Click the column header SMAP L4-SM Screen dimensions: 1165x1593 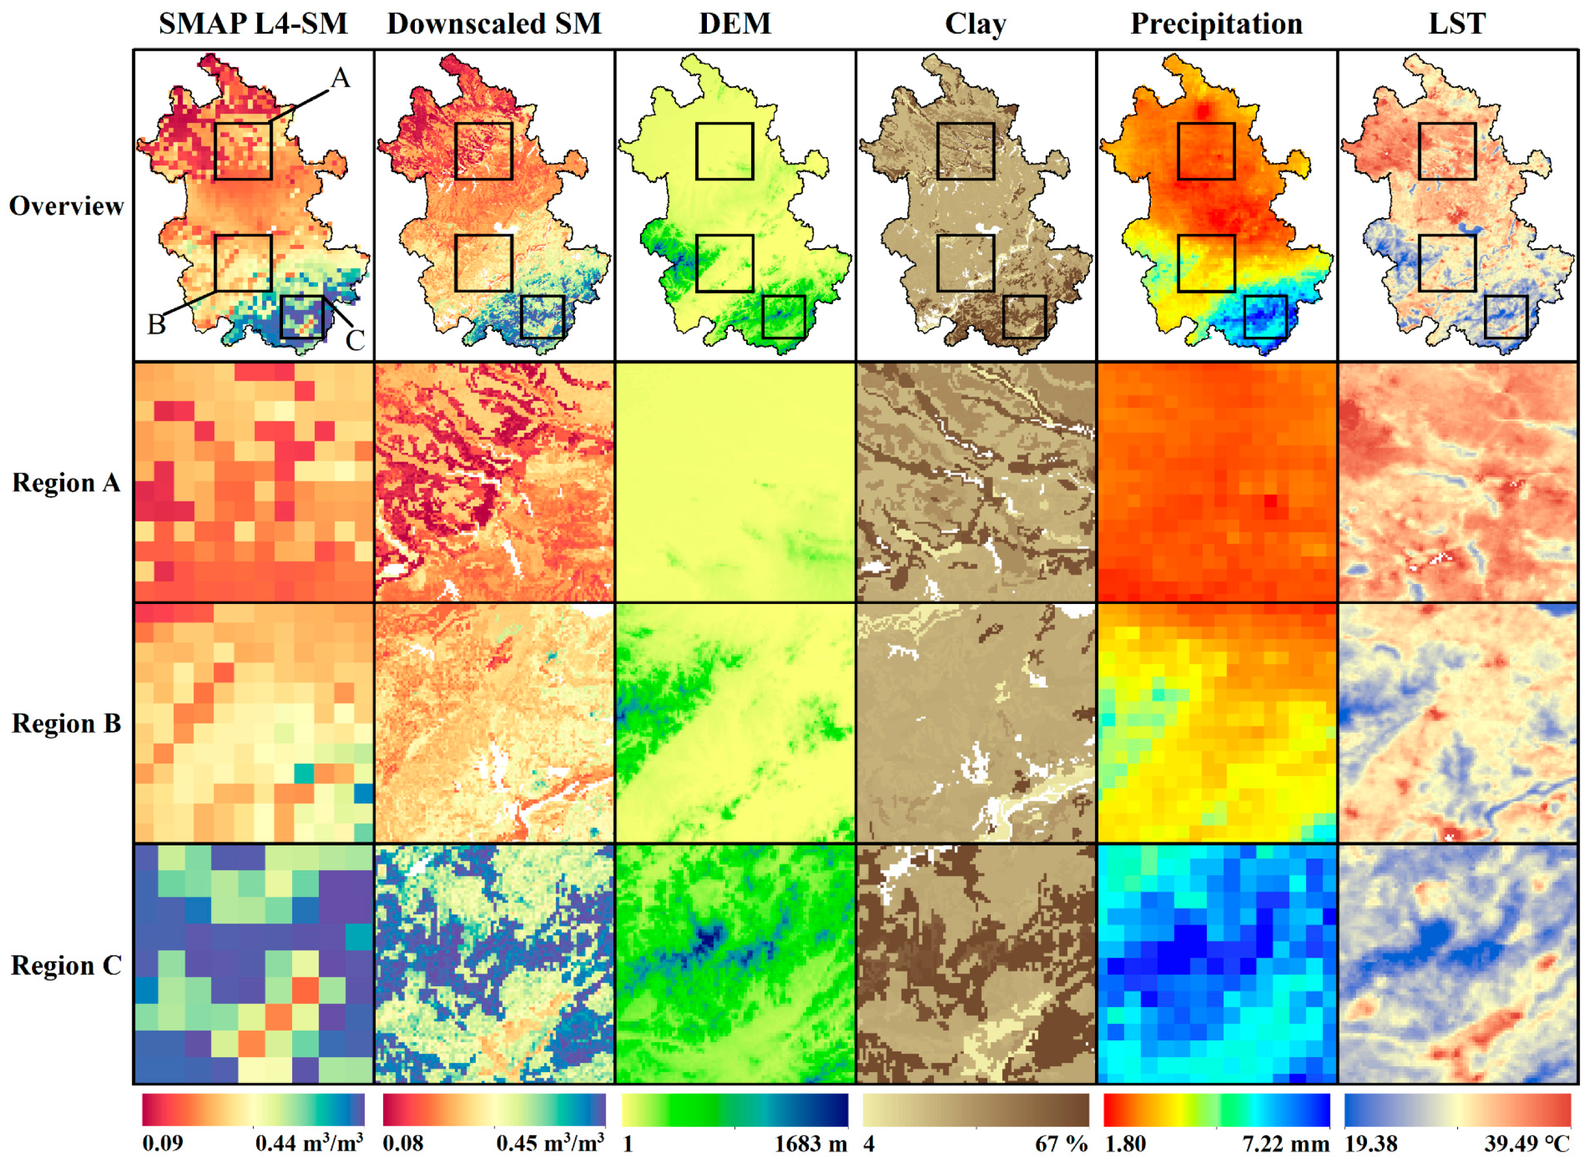tap(253, 24)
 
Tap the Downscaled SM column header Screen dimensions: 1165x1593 tap(493, 24)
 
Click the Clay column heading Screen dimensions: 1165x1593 tap(976, 24)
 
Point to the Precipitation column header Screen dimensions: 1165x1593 tap(1216, 24)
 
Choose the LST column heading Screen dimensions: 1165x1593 tap(1457, 24)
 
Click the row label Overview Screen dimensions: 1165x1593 tap(66, 206)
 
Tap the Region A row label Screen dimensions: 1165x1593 tap(66, 483)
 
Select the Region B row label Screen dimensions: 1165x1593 tap(66, 724)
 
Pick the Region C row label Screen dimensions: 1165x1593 tap(66, 966)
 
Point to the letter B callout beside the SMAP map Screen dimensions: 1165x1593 tap(156, 325)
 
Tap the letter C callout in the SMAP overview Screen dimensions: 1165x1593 tap(354, 342)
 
